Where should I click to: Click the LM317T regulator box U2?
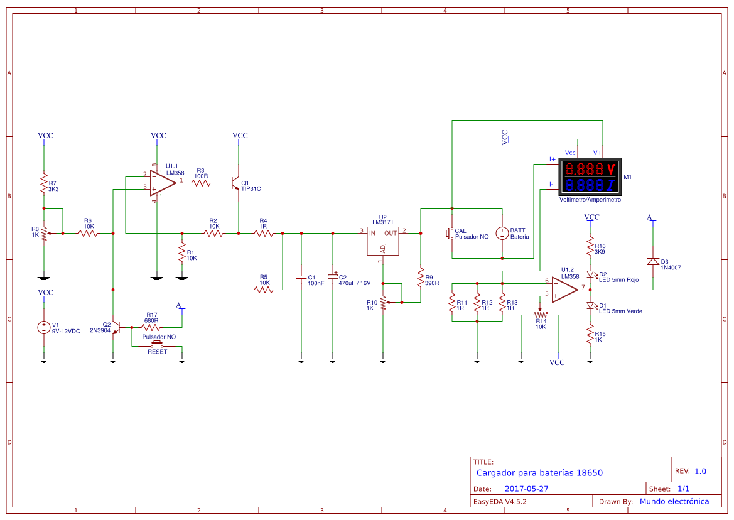tap(382, 241)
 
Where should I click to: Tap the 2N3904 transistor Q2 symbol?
tap(117, 328)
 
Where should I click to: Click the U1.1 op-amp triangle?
tap(163, 183)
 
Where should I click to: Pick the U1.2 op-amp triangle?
tap(564, 290)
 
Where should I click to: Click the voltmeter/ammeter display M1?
tap(590, 176)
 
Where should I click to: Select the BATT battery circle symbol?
tap(502, 233)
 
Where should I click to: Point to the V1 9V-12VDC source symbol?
tap(44, 328)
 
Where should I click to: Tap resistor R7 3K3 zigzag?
tap(44, 183)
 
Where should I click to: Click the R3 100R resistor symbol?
tap(202, 183)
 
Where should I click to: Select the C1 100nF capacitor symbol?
tap(301, 278)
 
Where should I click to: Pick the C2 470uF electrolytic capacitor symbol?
tap(333, 276)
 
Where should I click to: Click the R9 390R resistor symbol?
tap(421, 277)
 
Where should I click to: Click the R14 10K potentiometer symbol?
tap(540, 315)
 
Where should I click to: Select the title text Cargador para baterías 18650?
tap(539, 473)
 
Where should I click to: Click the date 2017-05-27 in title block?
tap(526, 489)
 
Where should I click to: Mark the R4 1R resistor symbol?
tap(264, 233)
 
